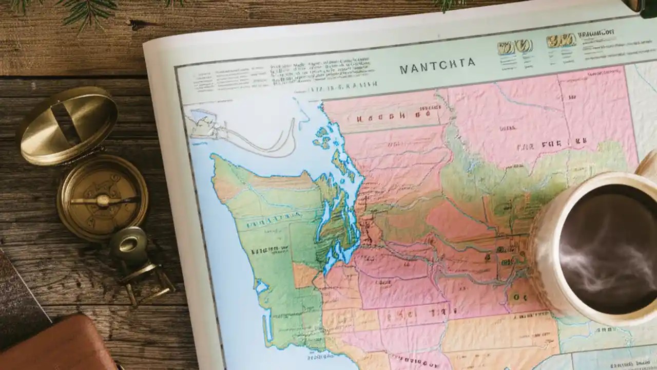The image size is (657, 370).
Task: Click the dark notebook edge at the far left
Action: point(15,298)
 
